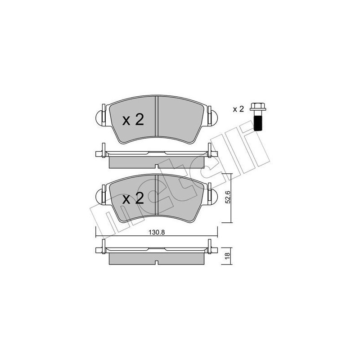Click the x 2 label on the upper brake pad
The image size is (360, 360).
(x=133, y=120)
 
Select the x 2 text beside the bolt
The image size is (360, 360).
(x=238, y=109)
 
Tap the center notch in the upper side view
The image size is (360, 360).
(x=156, y=166)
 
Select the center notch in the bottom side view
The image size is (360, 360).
(x=156, y=263)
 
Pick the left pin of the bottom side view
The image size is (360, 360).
(x=103, y=247)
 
